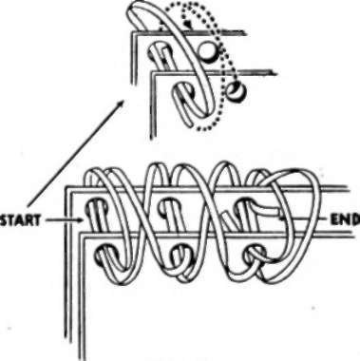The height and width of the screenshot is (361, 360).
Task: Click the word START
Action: click(x=20, y=221)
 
